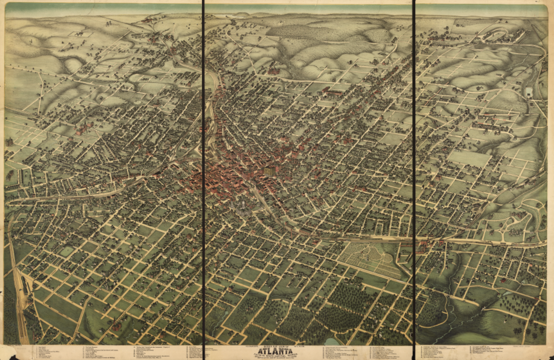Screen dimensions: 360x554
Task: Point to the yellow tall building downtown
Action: (269, 171)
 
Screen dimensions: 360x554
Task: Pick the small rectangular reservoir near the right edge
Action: (528, 92)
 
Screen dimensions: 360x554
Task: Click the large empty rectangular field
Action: (469, 158)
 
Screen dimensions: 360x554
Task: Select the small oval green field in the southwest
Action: (67, 251)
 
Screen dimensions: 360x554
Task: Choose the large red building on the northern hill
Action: (273, 70)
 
